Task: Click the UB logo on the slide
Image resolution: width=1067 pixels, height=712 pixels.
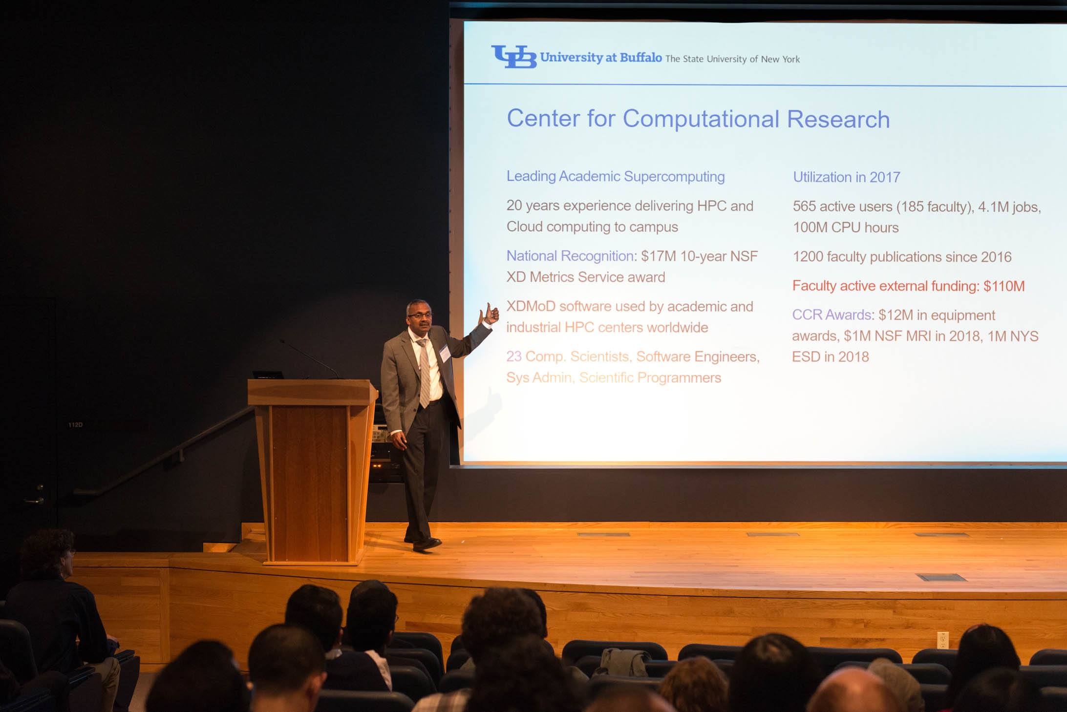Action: point(513,57)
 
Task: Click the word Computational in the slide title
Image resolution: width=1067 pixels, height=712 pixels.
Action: point(701,119)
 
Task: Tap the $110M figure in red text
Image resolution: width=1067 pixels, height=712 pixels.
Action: point(1004,286)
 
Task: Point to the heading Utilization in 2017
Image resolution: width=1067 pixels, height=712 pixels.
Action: point(846,177)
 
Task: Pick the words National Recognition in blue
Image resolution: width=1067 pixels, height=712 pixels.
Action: point(570,256)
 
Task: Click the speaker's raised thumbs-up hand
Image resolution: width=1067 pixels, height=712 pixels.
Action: point(490,314)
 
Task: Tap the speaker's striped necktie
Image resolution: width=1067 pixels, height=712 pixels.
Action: point(424,373)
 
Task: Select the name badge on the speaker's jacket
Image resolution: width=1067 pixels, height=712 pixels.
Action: point(445,353)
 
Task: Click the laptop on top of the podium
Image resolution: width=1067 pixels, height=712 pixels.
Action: point(268,375)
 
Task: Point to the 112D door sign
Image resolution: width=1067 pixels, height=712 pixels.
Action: point(75,425)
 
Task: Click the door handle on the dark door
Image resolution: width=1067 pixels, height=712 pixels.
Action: point(34,500)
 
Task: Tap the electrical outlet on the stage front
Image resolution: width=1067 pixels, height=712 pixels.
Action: point(943,640)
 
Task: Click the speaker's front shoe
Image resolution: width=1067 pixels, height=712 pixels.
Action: point(427,544)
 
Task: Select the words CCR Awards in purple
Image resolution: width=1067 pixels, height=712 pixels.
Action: point(832,315)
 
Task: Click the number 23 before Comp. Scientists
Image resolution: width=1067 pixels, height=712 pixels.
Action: point(514,356)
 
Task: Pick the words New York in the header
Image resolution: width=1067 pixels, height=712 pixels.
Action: point(780,60)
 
